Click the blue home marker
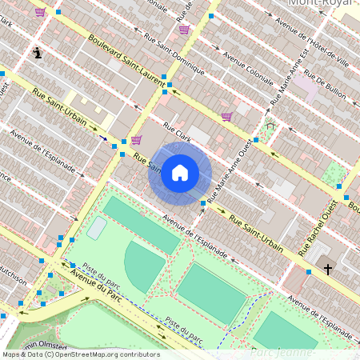pos(180,173)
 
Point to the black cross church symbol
pos(328,270)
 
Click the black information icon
pos(38,53)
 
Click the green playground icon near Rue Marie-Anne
pos(270,125)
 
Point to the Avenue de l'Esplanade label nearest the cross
pos(320,317)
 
